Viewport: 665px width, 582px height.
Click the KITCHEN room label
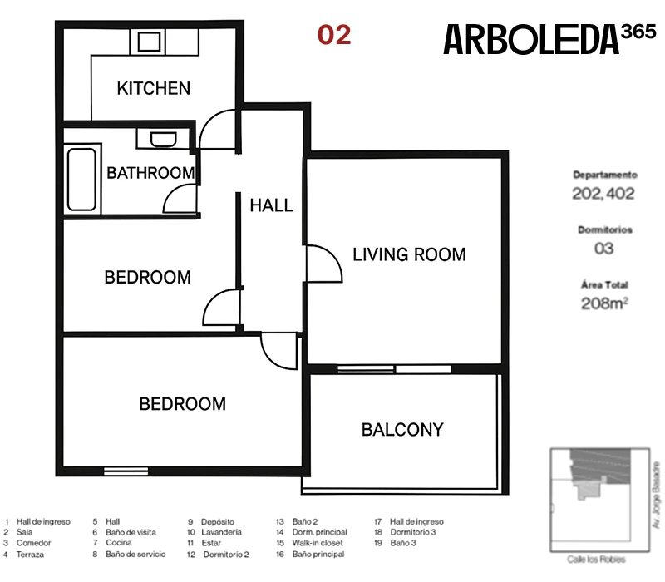(154, 88)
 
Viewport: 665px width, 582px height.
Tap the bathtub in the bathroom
(81, 180)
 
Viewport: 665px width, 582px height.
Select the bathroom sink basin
(163, 140)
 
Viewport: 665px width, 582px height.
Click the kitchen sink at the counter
(149, 42)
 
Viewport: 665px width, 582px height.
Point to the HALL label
(272, 205)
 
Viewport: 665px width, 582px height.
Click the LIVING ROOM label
(409, 254)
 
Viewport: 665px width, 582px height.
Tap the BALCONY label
(402, 430)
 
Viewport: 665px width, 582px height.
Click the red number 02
(334, 35)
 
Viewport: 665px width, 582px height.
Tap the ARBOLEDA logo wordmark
(531, 39)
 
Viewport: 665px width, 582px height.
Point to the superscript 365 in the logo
(638, 32)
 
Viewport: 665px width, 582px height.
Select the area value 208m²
(604, 303)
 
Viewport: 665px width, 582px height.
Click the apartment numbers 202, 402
(603, 194)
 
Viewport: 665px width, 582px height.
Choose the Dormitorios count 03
(604, 248)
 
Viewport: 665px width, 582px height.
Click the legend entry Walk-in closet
(318, 543)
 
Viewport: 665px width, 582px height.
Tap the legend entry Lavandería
(221, 532)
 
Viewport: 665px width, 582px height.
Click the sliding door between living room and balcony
(394, 369)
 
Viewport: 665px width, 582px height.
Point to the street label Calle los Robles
(596, 560)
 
